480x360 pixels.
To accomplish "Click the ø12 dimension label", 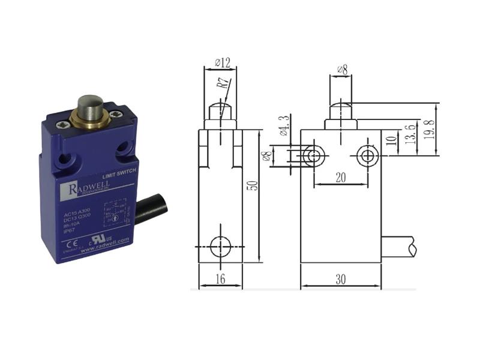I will [220, 62].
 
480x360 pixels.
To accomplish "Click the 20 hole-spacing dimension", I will [340, 178].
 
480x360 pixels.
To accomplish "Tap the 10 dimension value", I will [391, 143].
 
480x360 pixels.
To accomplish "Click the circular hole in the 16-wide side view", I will [221, 246].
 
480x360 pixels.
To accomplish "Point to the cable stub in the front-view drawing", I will [399, 246].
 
